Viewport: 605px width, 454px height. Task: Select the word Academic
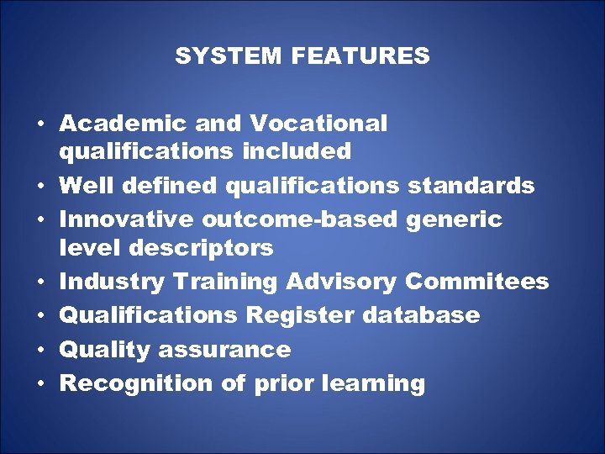pos(124,124)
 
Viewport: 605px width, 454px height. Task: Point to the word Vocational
pos(318,124)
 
